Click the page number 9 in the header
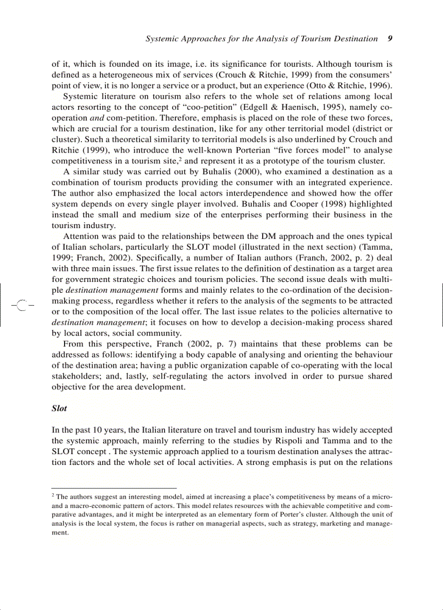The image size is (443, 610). [x=390, y=39]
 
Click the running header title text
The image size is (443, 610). [x=262, y=39]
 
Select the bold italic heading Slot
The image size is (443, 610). [x=59, y=408]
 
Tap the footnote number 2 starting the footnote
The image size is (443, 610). [x=53, y=495]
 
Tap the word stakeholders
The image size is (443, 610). [x=76, y=376]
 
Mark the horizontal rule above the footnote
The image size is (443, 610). [x=114, y=488]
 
